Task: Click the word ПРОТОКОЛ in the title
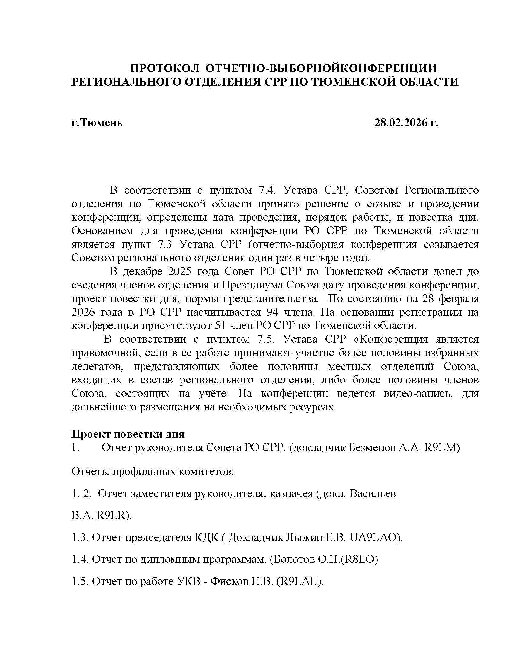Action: coord(164,68)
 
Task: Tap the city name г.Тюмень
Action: coord(97,123)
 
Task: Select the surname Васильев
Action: coord(373,493)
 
